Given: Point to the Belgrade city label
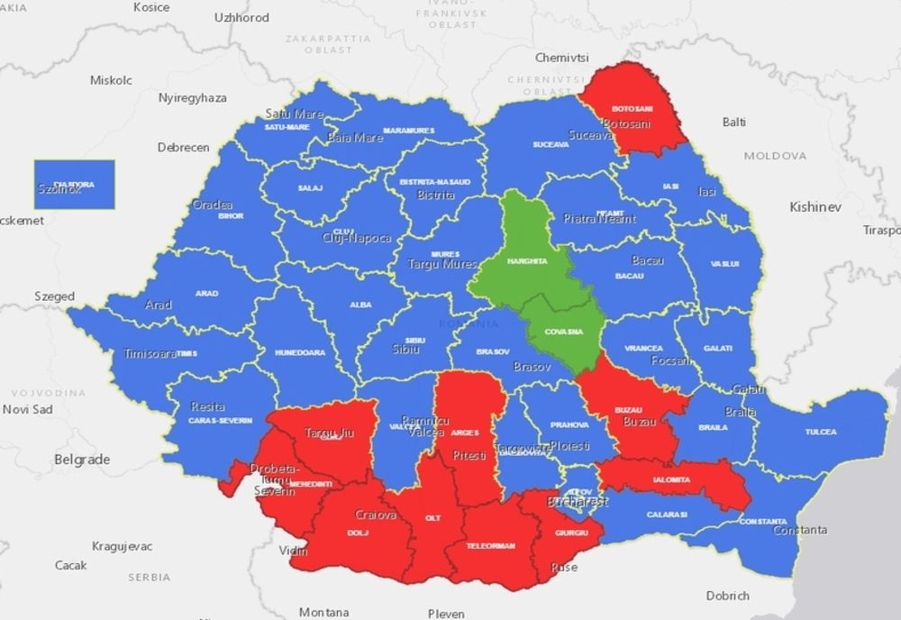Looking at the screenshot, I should [82, 460].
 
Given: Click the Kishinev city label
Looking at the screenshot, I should [815, 207].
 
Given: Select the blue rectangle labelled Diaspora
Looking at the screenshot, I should [74, 185].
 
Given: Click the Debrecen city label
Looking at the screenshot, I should [183, 148].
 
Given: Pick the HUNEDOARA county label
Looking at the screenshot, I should [299, 352].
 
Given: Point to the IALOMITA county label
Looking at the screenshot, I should [672, 479].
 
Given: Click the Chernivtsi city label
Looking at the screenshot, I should [561, 58].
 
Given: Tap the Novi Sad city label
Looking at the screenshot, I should [28, 409].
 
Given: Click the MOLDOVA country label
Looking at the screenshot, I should [775, 156].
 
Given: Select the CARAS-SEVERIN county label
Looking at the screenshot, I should [220, 421].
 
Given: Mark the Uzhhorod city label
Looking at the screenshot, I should [241, 17].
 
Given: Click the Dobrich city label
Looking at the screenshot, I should [728, 596].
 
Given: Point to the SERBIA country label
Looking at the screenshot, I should [149, 577].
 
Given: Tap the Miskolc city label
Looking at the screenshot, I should [111, 80].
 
